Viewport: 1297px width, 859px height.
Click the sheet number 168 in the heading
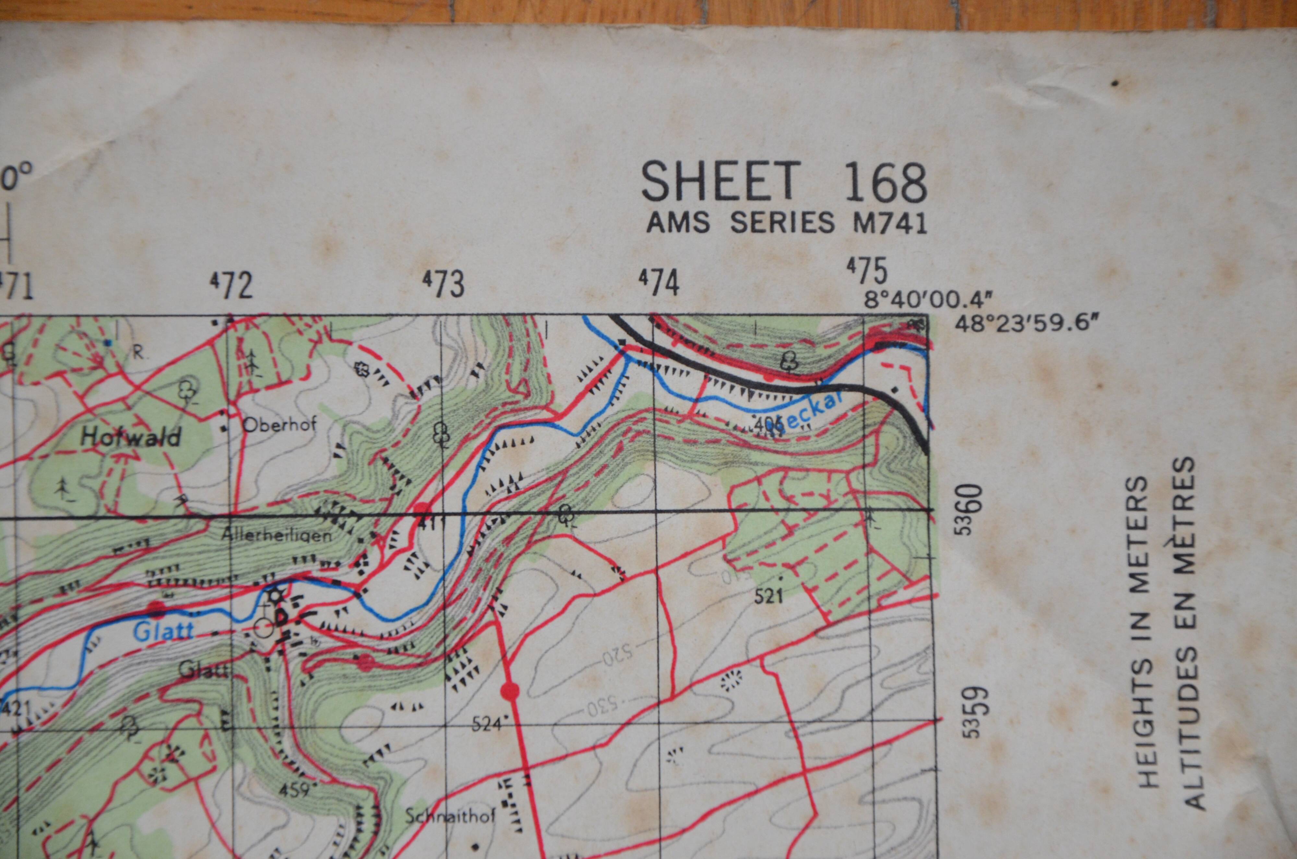pos(886,183)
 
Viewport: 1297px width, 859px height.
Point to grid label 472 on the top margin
pos(232,285)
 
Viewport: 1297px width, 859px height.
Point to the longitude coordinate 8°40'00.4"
pos(928,301)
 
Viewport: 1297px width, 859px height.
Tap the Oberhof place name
pos(279,424)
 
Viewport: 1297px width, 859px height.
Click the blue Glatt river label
pos(163,632)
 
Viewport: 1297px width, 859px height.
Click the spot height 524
pos(486,725)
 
